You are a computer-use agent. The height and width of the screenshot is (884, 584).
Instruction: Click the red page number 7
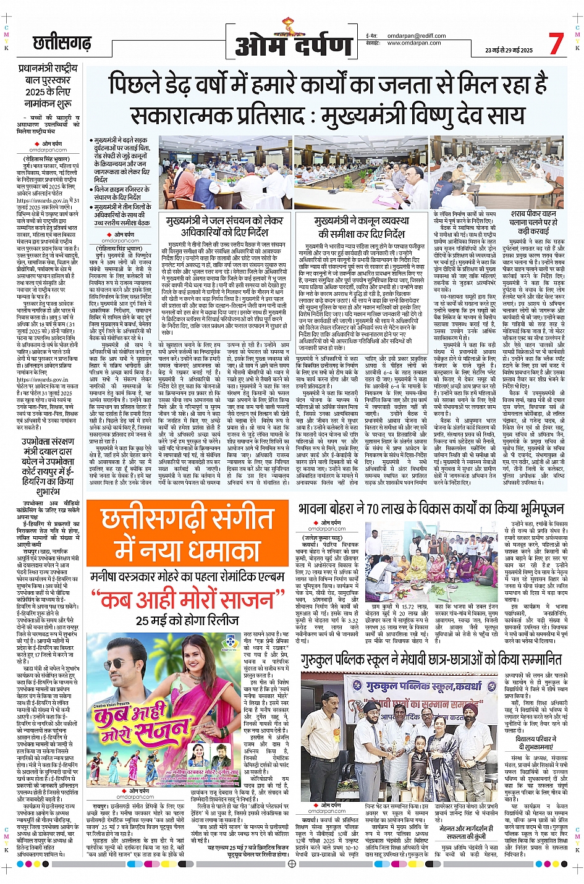(556, 43)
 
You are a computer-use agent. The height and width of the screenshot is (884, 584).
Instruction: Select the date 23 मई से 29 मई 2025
(509, 50)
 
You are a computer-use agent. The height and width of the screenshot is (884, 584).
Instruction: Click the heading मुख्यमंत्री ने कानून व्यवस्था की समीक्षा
(362, 227)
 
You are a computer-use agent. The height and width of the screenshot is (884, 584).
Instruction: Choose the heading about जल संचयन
(225, 226)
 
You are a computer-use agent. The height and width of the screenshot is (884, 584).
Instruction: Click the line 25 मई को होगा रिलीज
(187, 620)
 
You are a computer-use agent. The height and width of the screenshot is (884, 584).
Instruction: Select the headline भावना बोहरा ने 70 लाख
(431, 508)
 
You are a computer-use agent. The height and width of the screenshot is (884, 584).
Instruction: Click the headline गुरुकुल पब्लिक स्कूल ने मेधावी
(431, 660)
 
